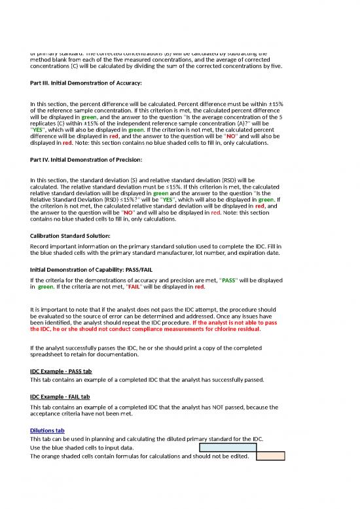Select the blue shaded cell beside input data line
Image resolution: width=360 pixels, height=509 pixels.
click(227, 447)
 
